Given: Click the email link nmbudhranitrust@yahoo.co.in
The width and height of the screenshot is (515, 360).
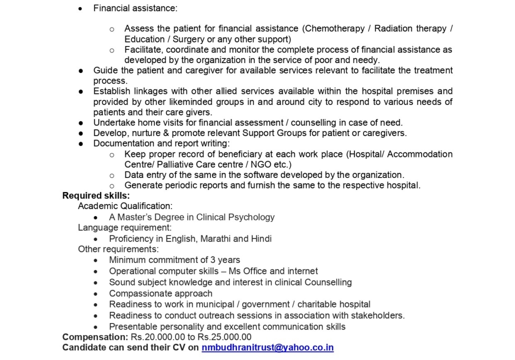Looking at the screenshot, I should coord(267,347).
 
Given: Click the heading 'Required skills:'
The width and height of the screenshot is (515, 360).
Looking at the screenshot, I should coord(96,195).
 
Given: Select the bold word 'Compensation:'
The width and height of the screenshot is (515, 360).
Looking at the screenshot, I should coord(95,337).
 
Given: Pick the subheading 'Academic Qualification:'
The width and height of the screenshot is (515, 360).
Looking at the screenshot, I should coord(125,206).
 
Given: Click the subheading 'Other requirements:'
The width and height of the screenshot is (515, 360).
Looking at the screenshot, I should coord(118,249).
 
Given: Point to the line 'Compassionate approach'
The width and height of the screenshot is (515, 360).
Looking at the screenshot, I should coord(160,293).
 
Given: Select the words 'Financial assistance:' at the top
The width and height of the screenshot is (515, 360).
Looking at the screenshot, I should coord(135,8).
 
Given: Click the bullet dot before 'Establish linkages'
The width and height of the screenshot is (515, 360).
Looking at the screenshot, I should coord(80,91).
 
